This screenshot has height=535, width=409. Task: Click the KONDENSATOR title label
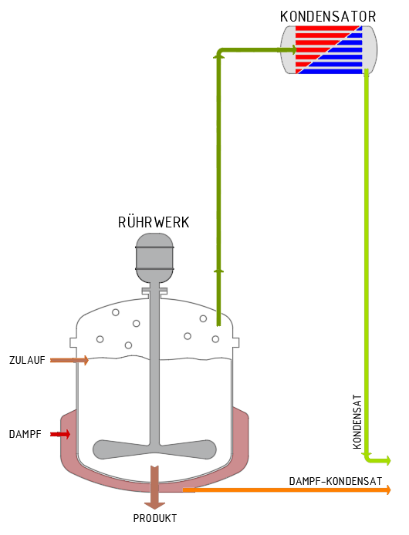click(328, 16)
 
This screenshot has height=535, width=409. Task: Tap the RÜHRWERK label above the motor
click(154, 222)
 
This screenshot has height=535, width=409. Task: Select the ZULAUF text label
click(27, 360)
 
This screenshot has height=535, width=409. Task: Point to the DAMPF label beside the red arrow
click(25, 434)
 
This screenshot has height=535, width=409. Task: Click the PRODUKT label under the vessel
click(155, 518)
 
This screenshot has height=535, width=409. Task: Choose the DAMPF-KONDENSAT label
click(336, 481)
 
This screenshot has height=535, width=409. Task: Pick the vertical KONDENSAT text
click(357, 422)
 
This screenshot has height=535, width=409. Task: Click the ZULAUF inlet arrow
click(69, 360)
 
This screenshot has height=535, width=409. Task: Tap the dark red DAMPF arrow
click(60, 434)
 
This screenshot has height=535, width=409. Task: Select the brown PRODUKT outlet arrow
click(154, 487)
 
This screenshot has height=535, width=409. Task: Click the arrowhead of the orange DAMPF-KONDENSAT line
click(388, 490)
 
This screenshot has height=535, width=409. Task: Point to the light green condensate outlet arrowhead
click(388, 460)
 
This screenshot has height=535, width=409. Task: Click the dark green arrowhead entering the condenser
click(294, 50)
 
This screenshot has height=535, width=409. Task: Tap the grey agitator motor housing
click(154, 258)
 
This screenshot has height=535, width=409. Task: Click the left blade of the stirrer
click(121, 449)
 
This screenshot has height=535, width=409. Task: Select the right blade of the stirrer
click(188, 449)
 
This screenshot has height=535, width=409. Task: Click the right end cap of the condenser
click(370, 50)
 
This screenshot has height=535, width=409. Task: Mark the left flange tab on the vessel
click(73, 342)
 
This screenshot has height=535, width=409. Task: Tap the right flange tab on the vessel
click(236, 342)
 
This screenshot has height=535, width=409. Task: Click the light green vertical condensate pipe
click(367, 263)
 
